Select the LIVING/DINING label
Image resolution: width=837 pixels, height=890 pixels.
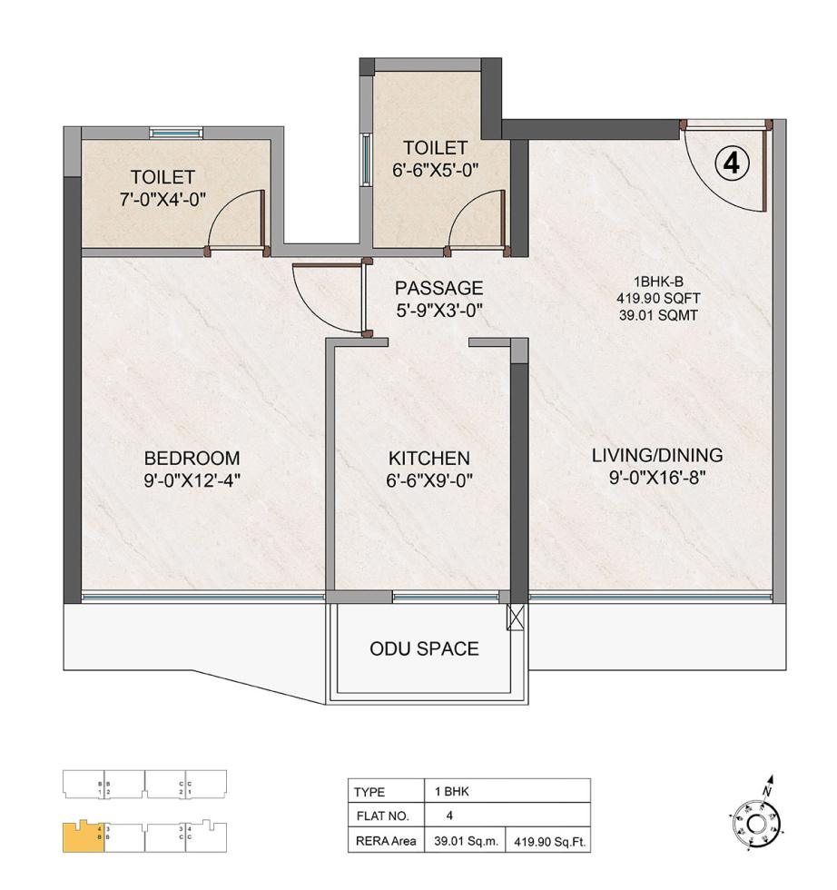[x=657, y=455]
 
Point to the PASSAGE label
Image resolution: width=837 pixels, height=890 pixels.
[x=438, y=288]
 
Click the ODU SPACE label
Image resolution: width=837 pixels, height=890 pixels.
[x=424, y=648]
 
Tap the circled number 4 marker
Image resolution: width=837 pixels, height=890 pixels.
[x=732, y=163]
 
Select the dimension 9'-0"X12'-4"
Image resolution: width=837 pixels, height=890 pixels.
[x=192, y=480]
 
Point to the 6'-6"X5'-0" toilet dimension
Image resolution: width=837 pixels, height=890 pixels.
[x=435, y=169]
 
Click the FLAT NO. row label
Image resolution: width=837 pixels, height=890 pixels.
[x=379, y=816]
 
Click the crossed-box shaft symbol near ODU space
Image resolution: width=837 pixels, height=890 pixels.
[x=517, y=617]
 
